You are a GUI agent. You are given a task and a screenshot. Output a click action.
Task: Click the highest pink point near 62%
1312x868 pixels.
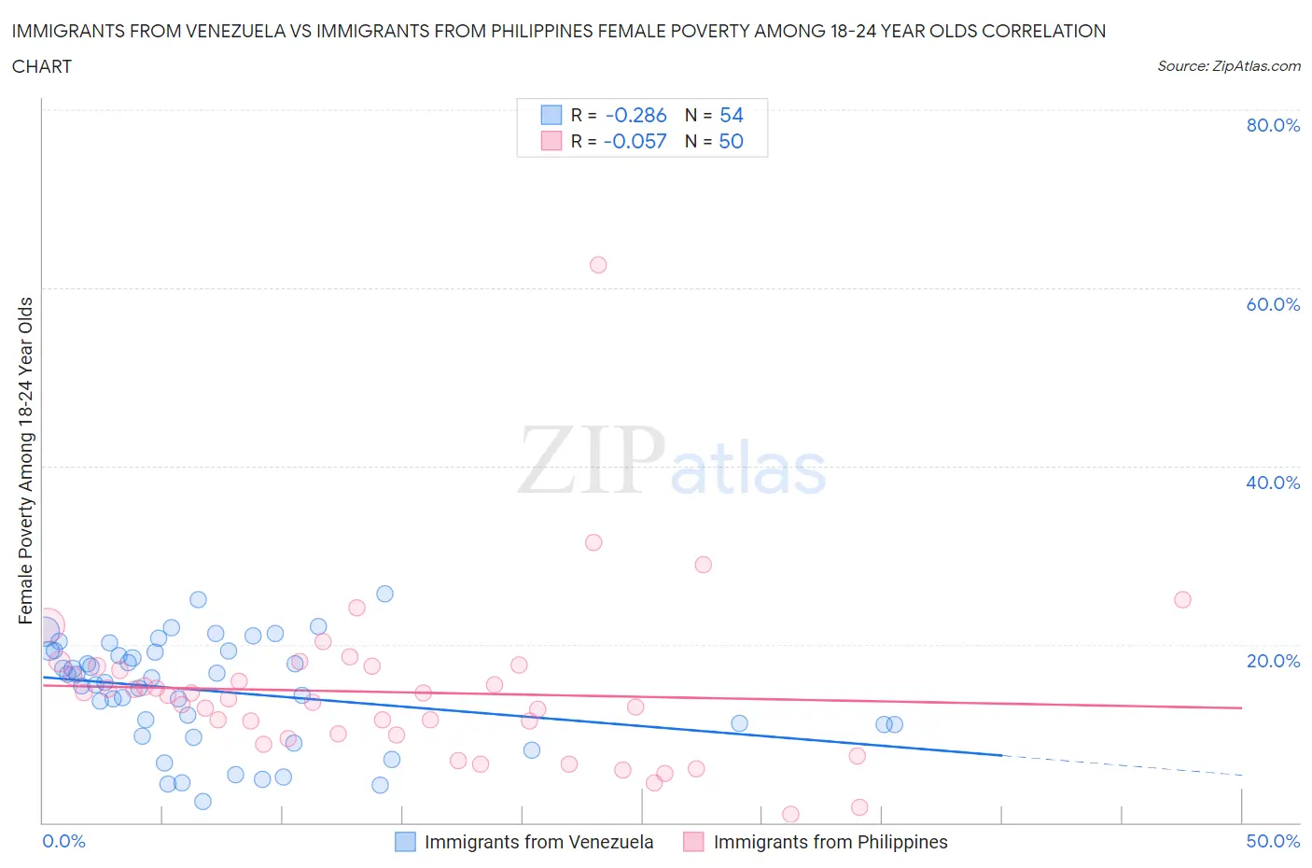pyautogui.click(x=598, y=265)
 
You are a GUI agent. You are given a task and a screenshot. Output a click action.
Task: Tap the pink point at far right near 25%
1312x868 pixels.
pyautogui.click(x=1182, y=600)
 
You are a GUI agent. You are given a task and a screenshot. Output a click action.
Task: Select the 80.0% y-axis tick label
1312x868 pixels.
pyautogui.click(x=1273, y=125)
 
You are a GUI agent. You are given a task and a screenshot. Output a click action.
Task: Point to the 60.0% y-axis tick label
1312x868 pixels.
pyautogui.click(x=1273, y=304)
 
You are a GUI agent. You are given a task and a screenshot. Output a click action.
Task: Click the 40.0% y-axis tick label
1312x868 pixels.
pyautogui.click(x=1273, y=483)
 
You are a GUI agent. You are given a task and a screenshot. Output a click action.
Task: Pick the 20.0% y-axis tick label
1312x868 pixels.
pyautogui.click(x=1273, y=661)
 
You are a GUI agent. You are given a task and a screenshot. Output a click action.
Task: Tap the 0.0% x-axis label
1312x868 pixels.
pyautogui.click(x=63, y=842)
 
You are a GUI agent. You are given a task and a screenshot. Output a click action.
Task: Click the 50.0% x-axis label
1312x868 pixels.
pyautogui.click(x=1273, y=842)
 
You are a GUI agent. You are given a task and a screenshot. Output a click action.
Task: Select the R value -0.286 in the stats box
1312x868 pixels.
pyautogui.click(x=635, y=116)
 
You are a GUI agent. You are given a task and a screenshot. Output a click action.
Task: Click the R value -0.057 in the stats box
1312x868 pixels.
pyautogui.click(x=635, y=142)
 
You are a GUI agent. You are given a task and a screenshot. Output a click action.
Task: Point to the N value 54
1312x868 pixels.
pyautogui.click(x=732, y=116)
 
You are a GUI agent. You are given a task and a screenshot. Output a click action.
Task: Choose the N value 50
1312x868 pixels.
pyautogui.click(x=732, y=142)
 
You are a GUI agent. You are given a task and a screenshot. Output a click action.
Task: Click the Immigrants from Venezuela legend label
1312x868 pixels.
pyautogui.click(x=538, y=843)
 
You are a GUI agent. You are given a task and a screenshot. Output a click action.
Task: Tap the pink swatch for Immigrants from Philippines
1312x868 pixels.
pyautogui.click(x=693, y=843)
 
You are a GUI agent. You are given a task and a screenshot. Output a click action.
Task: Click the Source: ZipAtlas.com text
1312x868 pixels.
pyautogui.click(x=1228, y=66)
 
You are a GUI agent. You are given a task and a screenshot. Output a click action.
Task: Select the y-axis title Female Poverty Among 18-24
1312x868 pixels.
pyautogui.click(x=26, y=460)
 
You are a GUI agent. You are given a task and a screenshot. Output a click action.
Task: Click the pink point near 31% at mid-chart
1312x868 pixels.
pyautogui.click(x=593, y=542)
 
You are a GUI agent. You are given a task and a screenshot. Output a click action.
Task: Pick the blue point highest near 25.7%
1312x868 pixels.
pyautogui.click(x=384, y=594)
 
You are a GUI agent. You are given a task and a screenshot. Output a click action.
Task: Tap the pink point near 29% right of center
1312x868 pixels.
pyautogui.click(x=704, y=565)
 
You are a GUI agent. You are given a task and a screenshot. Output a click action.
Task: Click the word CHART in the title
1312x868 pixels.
pyautogui.click(x=42, y=66)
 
